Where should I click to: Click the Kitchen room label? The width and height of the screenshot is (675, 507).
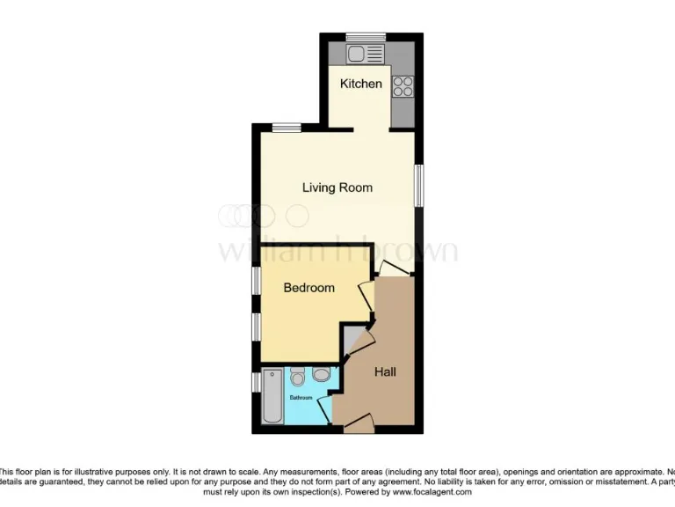tap(361, 84)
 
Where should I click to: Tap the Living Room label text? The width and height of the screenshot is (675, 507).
tap(337, 187)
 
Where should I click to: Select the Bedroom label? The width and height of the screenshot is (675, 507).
tap(308, 288)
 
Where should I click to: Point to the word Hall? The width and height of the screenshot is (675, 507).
tap(385, 372)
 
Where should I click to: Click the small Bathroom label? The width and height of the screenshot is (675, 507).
tap(301, 398)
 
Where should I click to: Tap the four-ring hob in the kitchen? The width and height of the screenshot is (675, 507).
tap(403, 86)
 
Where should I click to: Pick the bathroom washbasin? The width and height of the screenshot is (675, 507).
tap(321, 376)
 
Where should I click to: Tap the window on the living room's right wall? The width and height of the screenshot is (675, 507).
tap(419, 187)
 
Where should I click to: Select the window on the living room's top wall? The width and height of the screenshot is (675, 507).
tap(286, 129)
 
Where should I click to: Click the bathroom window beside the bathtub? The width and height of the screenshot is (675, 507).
tap(257, 382)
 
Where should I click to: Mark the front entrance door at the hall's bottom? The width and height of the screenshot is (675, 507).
tap(358, 426)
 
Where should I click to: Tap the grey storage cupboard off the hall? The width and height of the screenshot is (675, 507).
tap(352, 338)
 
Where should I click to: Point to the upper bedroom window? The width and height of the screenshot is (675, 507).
tap(257, 281)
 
